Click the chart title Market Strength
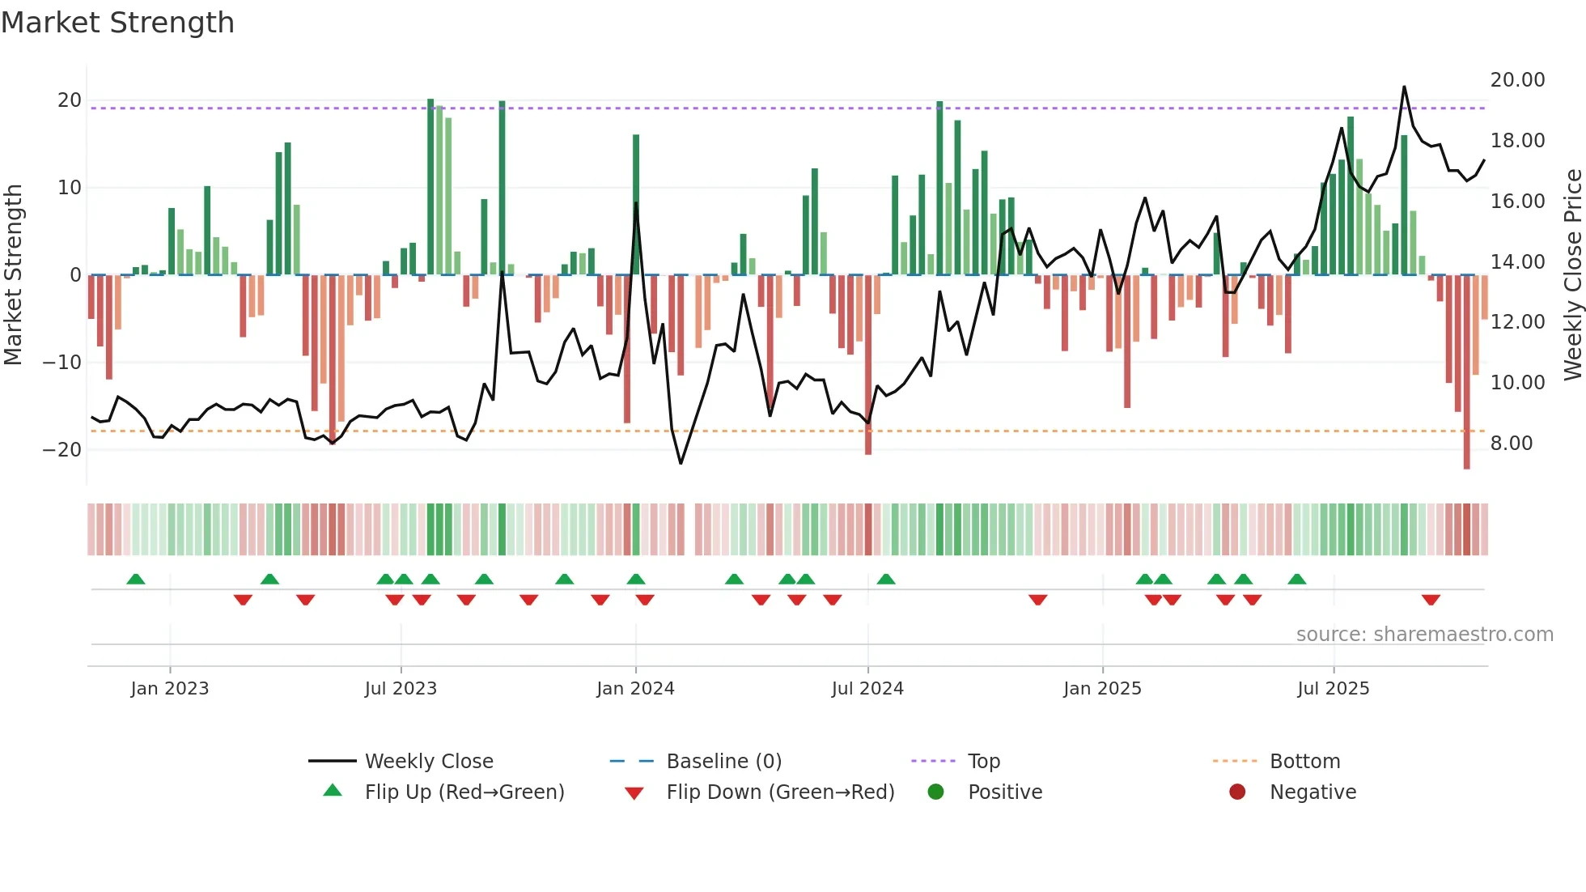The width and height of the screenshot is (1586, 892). pyautogui.click(x=117, y=23)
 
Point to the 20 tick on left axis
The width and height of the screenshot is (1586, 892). pyautogui.click(x=70, y=100)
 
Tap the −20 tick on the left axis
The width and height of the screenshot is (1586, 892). pyautogui.click(x=63, y=450)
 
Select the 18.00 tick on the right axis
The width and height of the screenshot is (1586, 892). pyautogui.click(x=1517, y=141)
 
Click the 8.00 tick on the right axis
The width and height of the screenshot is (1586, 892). pyautogui.click(x=1512, y=444)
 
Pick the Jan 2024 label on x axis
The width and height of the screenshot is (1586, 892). pyautogui.click(x=635, y=689)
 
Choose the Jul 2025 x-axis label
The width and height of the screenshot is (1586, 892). pyautogui.click(x=1333, y=689)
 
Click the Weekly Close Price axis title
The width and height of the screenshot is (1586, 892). pyautogui.click(x=1572, y=275)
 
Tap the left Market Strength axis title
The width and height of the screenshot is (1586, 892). pyautogui.click(x=13, y=275)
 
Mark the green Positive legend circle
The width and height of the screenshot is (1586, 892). pyautogui.click(x=935, y=792)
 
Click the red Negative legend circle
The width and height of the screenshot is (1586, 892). pyautogui.click(x=1237, y=792)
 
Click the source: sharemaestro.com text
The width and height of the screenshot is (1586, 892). pyautogui.click(x=1424, y=635)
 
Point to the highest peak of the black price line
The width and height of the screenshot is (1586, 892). pyautogui.click(x=1404, y=87)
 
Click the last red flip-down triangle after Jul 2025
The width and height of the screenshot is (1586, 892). pyautogui.click(x=1431, y=600)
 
